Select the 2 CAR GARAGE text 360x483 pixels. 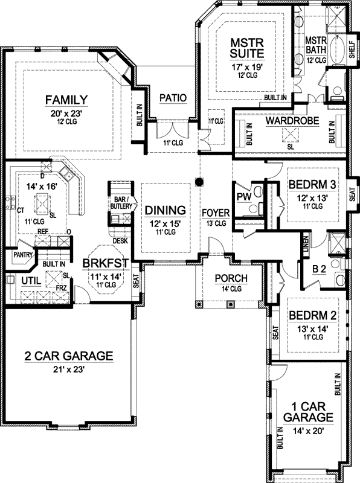click(x=68, y=356)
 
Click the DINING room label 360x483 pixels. click(x=164, y=211)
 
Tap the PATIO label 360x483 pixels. click(x=173, y=98)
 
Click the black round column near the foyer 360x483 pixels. click(x=199, y=180)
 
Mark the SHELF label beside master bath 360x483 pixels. click(x=353, y=51)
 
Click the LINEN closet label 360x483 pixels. click(x=307, y=244)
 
